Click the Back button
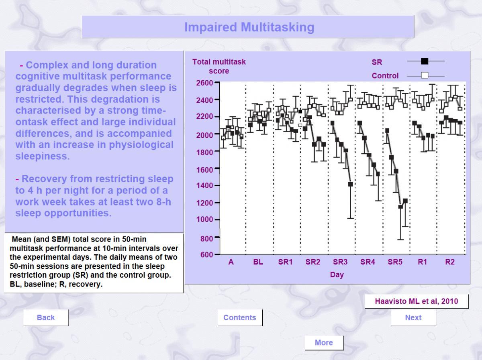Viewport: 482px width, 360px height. [x=46, y=317]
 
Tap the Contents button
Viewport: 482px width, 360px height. [x=240, y=317]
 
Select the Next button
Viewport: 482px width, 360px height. [x=413, y=317]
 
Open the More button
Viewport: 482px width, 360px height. [x=324, y=342]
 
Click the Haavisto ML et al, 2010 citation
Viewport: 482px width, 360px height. [x=417, y=301]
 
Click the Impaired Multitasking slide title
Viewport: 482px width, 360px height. [x=249, y=27]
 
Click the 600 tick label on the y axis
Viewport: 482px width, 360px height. [x=206, y=254]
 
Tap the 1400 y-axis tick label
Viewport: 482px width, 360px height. [x=204, y=185]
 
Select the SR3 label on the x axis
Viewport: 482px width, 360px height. [x=340, y=262]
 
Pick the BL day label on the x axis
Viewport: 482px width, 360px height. [x=258, y=262]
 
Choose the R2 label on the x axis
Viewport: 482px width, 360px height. [x=450, y=262]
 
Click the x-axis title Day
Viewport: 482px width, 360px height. [x=337, y=275]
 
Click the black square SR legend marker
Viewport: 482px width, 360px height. [x=425, y=61]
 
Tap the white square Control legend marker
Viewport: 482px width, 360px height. [x=425, y=75]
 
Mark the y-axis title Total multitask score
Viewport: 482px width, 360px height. [x=219, y=66]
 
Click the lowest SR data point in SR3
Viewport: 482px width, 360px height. [x=351, y=184]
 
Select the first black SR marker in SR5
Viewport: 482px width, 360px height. [x=387, y=131]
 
